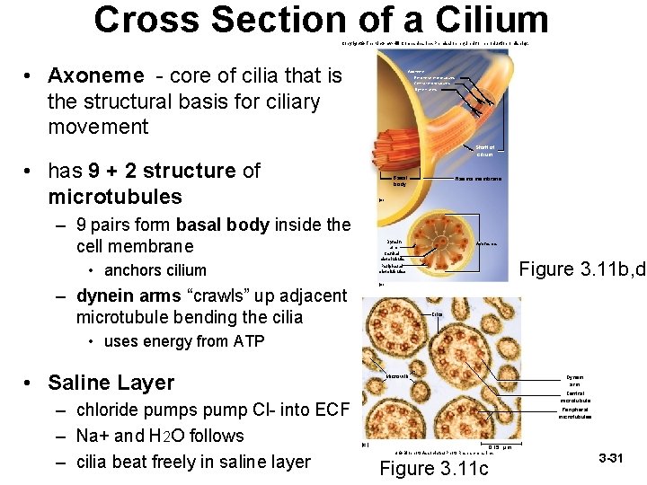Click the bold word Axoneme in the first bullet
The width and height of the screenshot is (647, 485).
click(95, 75)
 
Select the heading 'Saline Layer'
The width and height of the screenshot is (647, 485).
click(111, 383)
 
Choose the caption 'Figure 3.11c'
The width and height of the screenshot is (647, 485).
click(435, 467)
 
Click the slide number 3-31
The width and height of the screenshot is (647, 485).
click(610, 459)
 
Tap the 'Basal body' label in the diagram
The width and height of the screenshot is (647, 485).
click(400, 181)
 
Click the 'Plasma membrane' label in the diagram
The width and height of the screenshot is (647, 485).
click(478, 179)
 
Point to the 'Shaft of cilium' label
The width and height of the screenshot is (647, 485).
click(484, 151)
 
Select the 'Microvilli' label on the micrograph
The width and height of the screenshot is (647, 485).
click(399, 375)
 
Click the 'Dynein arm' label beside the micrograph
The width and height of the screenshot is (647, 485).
click(575, 380)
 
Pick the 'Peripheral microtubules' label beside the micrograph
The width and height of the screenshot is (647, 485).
click(575, 412)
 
